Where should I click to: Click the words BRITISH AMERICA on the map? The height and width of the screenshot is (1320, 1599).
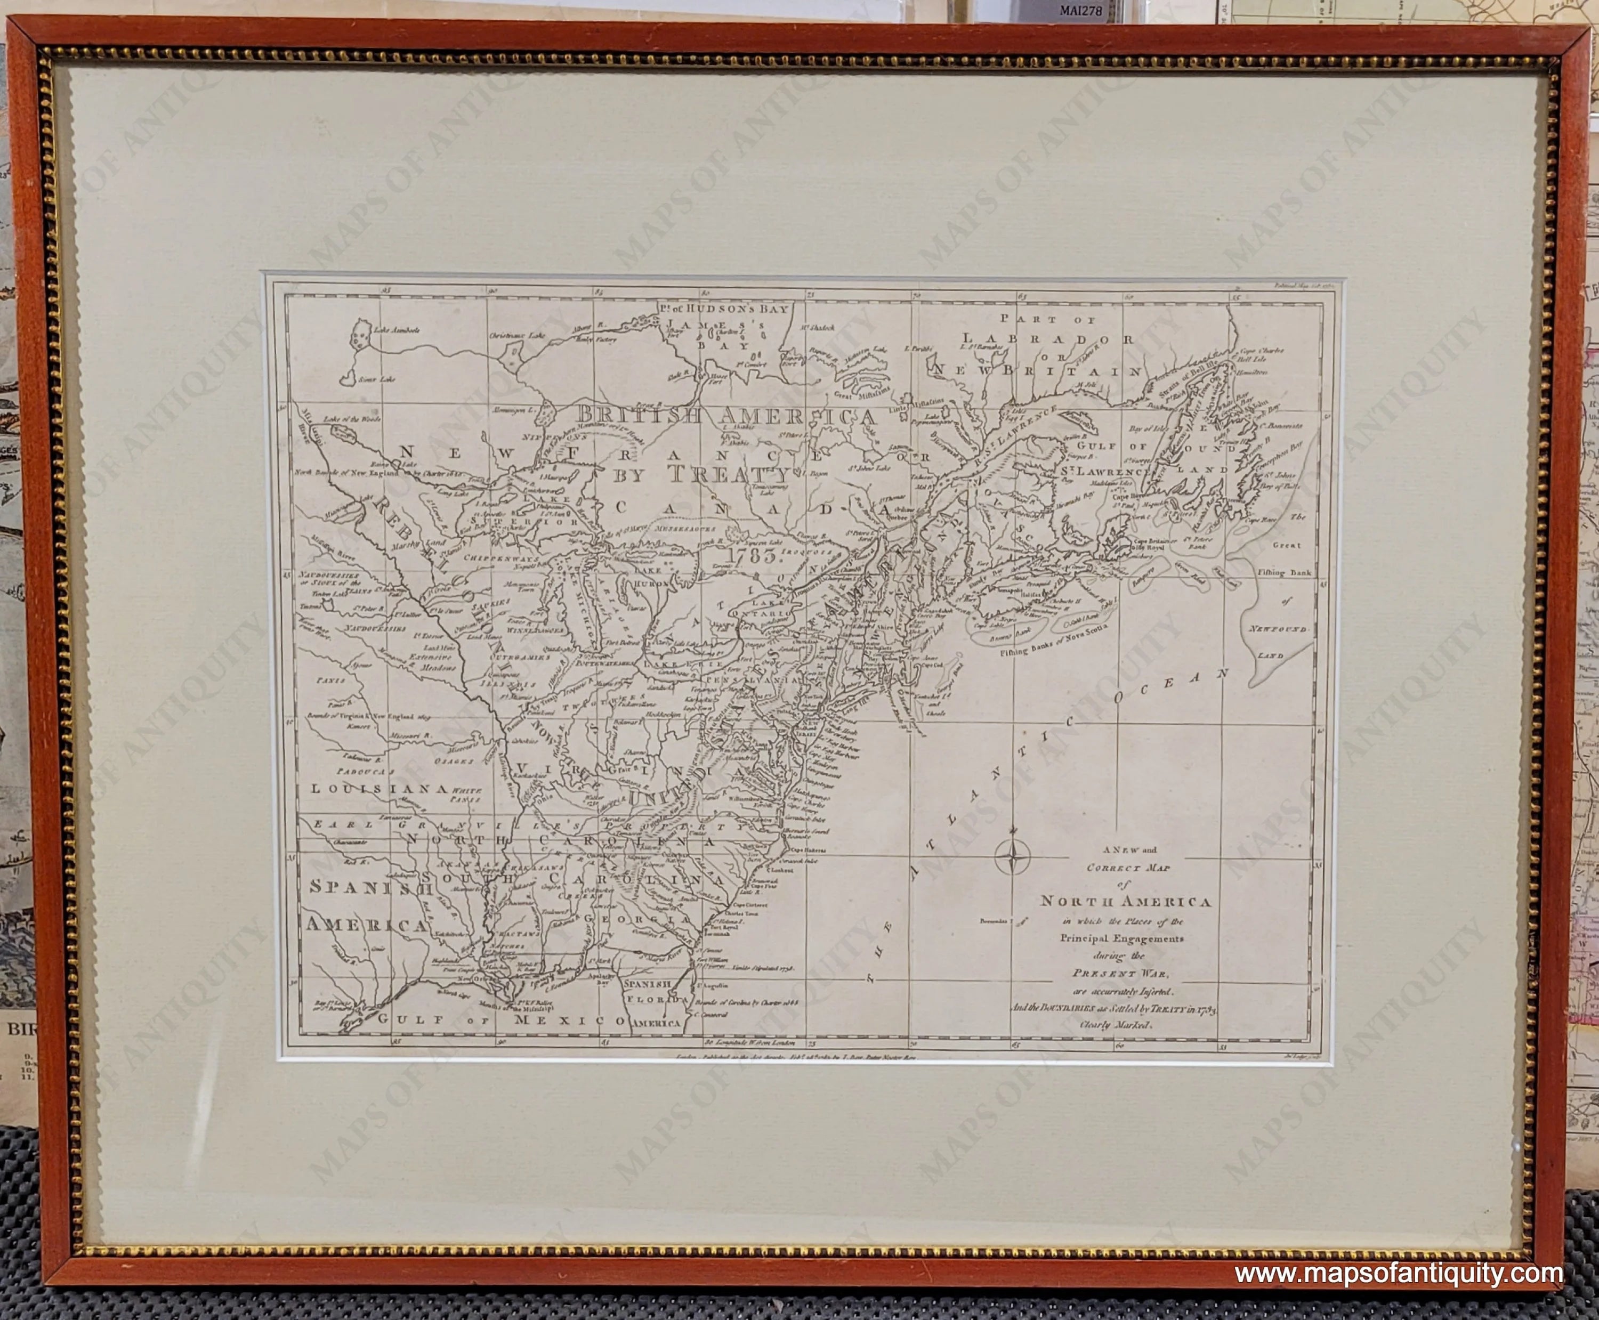pos(725,416)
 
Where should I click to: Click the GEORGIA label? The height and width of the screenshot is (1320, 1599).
pos(651,919)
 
